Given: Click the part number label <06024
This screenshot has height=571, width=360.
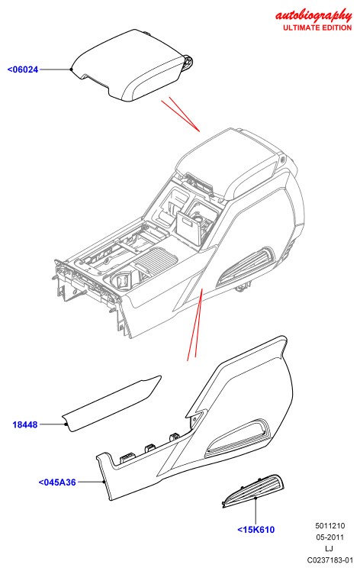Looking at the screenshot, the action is pos(23,69).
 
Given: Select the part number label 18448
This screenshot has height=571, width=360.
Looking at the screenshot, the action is pos(24,424).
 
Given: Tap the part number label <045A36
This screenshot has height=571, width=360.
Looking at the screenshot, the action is pos(57,482).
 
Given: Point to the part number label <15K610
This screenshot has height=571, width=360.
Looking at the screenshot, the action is pos(256,530).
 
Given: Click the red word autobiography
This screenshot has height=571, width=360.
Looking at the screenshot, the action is pos(313,16).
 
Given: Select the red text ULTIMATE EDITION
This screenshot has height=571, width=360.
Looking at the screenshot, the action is pos(317,27).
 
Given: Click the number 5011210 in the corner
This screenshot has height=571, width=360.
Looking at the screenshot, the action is pos(329,526).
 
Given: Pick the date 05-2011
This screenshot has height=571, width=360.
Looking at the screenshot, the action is pos(329,537).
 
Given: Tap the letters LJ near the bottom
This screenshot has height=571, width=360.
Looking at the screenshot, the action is pos(329,548).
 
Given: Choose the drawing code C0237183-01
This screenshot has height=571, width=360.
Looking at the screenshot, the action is pos(329,560).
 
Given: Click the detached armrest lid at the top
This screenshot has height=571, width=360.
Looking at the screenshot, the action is pos(131,66).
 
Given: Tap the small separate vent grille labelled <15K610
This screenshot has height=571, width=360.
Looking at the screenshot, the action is pos(254,491).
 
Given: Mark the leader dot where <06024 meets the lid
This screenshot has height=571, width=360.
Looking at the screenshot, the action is pos(72,69).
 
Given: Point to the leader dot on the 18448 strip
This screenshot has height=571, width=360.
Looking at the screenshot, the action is pos(66,424).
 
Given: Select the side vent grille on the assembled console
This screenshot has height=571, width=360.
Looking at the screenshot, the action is pos(246,266).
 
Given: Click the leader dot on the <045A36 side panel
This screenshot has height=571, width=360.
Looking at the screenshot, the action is pos(104,482).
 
